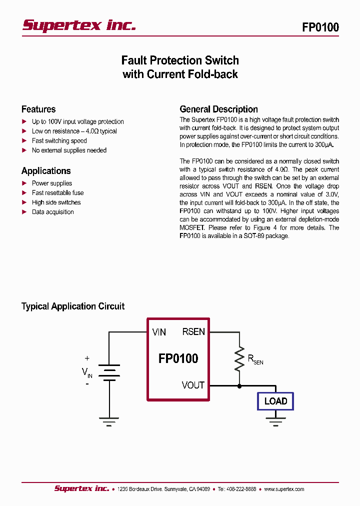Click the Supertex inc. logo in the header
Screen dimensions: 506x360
pos(79,26)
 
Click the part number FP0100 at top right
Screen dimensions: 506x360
pos(320,27)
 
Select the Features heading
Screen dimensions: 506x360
pos(38,109)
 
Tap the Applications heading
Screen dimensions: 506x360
pos(46,171)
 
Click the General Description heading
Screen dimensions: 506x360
pos(218,109)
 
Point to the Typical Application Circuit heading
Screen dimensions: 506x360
pos(73,306)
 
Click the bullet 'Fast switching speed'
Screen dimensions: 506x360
pos(59,140)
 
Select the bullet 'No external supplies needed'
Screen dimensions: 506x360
pos(69,150)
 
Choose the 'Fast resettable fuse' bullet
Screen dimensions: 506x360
pos(57,192)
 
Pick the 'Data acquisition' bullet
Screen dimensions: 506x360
pos(52,212)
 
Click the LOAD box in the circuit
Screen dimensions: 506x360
pos(275,401)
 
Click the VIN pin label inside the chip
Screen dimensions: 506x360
pos(159,332)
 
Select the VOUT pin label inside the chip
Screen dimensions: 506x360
pos(193,385)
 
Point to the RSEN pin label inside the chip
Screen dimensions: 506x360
pos(193,332)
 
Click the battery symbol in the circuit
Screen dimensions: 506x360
pos(109,372)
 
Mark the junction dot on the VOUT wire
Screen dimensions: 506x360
pos(239,386)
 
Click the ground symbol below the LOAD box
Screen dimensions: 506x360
pos(275,420)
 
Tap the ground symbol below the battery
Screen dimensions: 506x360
pos(109,420)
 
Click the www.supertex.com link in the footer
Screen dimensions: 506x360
pos(283,489)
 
